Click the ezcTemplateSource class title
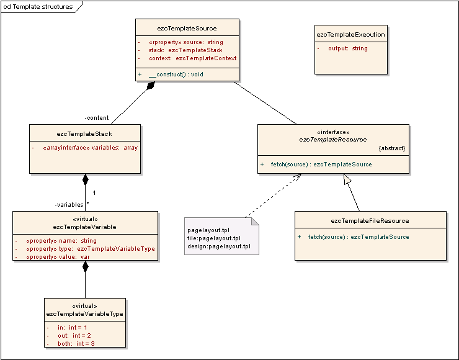click(187, 29)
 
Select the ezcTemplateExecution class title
click(350, 35)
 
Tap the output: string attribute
click(348, 48)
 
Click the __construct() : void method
click(176, 74)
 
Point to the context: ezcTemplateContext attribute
click(193, 58)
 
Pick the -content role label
click(97, 118)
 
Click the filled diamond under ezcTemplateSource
click(151, 85)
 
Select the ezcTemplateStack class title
click(84, 134)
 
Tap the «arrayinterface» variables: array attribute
click(90, 148)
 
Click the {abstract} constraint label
click(392, 148)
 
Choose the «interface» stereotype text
click(333, 132)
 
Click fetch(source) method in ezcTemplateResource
click(321, 164)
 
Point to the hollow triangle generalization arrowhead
click(347, 179)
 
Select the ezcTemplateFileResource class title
click(370, 221)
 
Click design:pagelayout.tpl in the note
click(219, 246)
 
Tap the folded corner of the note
click(255, 222)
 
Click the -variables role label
click(69, 205)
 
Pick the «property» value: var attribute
click(58, 257)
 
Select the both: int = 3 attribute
click(76, 344)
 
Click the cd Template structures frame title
click(38, 7)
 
